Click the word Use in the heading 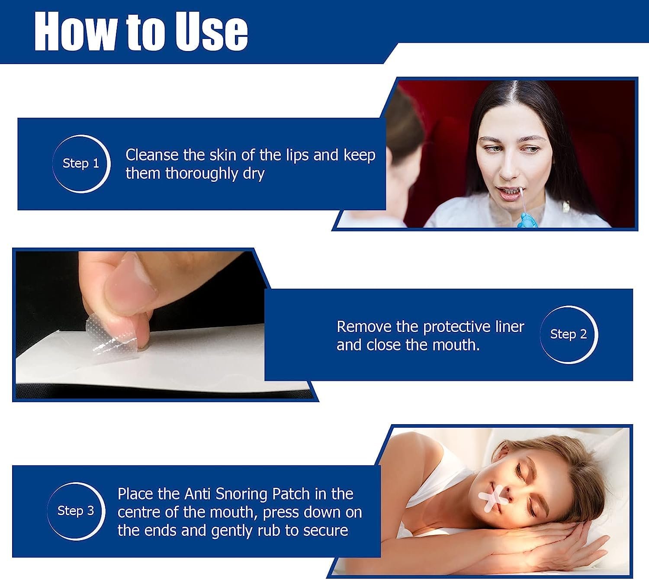(x=211, y=32)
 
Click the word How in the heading (x=75, y=32)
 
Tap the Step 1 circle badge (x=81, y=164)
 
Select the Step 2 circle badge (x=569, y=335)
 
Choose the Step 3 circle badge (x=76, y=511)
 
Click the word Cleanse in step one (x=152, y=155)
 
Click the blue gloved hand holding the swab (x=525, y=220)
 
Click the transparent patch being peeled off (x=112, y=335)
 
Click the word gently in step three (x=232, y=531)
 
